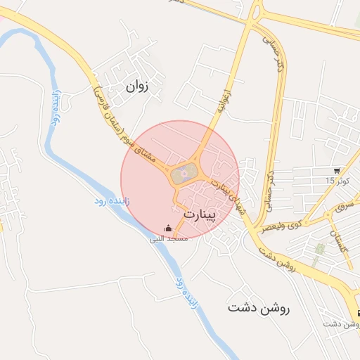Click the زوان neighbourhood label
click(x=138, y=87)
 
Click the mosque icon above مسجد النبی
click(x=167, y=229)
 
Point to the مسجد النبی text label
click(x=167, y=239)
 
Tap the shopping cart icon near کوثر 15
click(x=338, y=171)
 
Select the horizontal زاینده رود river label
click(x=110, y=202)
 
